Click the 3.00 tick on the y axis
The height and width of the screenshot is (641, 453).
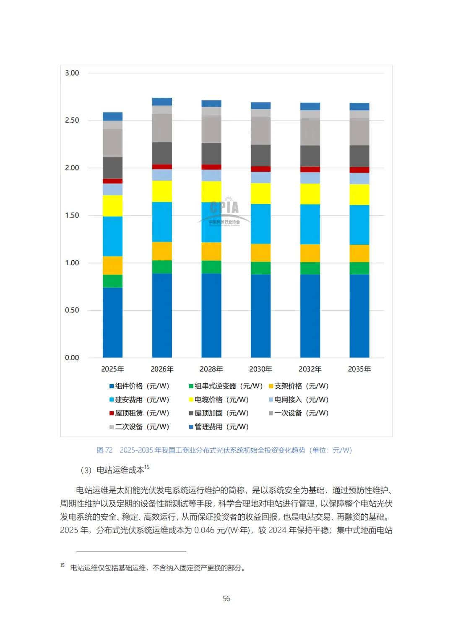[72, 73]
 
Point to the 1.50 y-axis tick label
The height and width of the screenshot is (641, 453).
[72, 215]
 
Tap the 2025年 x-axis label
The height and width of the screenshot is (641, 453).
[112, 369]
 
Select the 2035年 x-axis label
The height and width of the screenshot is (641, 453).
[359, 369]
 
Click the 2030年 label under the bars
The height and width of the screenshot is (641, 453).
[260, 369]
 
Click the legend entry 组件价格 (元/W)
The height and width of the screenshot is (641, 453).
[139, 386]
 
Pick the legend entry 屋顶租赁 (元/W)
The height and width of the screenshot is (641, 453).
[139, 413]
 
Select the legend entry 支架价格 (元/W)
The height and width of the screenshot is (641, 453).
[299, 386]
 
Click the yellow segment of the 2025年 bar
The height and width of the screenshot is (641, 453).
[112, 206]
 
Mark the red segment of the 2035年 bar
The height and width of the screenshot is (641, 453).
[359, 170]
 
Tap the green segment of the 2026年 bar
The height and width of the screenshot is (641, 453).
[162, 267]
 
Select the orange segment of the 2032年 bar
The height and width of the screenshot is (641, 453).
[310, 253]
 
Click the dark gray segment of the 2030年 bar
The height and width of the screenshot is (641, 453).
[260, 155]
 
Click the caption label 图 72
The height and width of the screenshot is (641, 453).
[104, 450]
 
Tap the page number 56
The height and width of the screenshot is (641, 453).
[226, 599]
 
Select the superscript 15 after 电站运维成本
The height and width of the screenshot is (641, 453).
[147, 467]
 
